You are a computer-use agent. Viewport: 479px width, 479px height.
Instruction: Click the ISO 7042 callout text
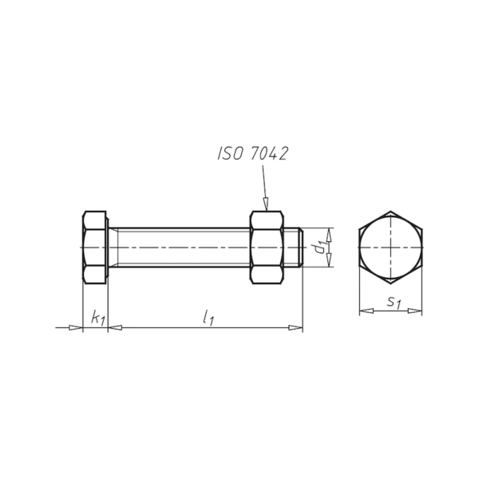click(252, 153)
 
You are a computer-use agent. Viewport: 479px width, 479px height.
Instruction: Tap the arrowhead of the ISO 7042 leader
click(266, 204)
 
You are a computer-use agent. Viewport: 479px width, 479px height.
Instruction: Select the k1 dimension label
click(98, 318)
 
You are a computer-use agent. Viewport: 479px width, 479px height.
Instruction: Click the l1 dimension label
click(208, 318)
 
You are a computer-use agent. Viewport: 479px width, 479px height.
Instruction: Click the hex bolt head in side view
click(94, 247)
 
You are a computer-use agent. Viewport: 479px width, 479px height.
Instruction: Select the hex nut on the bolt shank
click(267, 247)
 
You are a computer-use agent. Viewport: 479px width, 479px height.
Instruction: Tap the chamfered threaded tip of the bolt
click(301, 247)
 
